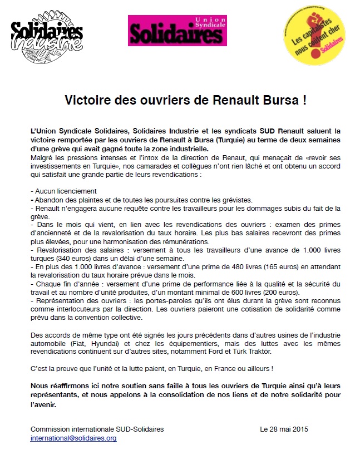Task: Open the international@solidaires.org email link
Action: (x=73, y=438)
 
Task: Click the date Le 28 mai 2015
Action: (x=284, y=429)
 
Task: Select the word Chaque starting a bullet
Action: (x=47, y=284)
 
